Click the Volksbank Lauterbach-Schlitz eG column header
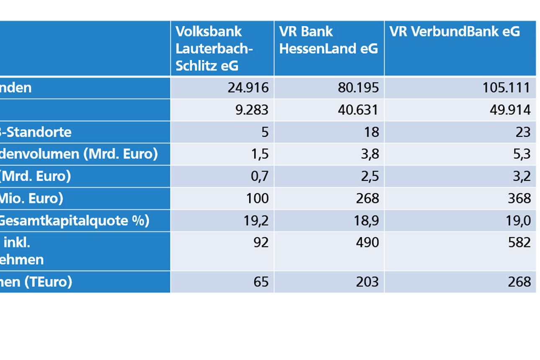coord(214,49)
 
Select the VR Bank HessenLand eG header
coord(328,40)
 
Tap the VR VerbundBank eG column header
coord(455,32)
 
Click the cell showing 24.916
coord(248,88)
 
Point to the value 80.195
coord(358,88)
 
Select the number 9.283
coord(251,110)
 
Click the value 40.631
coord(358,110)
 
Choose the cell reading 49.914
coord(510,110)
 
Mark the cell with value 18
coord(371,132)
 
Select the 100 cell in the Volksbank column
coord(257,198)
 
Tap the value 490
coord(367,242)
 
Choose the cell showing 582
coord(519,242)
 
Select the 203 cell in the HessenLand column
coord(367,282)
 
